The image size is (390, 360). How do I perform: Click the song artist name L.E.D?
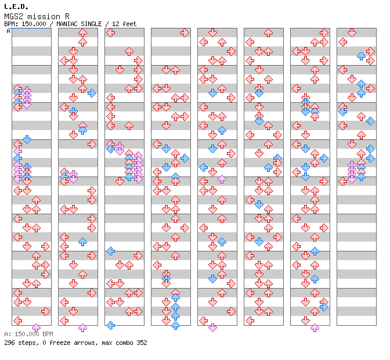(16, 6)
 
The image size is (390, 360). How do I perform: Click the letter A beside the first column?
(8, 31)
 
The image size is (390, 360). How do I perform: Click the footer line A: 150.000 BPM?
(28, 334)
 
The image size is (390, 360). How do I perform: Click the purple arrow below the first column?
(36, 328)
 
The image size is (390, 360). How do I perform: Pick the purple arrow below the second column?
(82, 328)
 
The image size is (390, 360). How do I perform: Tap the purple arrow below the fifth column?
(212, 328)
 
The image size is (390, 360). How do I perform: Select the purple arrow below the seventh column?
(315, 328)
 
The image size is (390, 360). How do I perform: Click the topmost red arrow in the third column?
(110, 33)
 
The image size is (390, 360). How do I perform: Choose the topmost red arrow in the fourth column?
(185, 33)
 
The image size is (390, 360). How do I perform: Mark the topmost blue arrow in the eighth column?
(361, 56)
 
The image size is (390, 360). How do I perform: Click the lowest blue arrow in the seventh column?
(324, 307)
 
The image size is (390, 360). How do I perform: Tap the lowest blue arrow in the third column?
(110, 325)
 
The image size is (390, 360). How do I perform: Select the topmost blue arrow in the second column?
(92, 93)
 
